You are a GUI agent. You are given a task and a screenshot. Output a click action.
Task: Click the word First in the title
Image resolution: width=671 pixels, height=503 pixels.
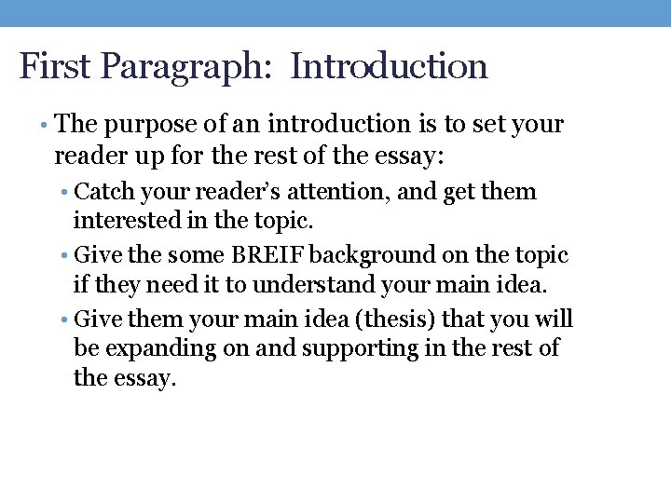[x=55, y=67]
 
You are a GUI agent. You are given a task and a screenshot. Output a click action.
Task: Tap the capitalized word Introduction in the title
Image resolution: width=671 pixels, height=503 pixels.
[x=389, y=67]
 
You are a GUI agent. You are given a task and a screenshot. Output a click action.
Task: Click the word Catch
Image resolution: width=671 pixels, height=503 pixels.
[x=103, y=193]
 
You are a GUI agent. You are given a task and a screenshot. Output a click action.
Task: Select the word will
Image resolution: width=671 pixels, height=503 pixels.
[x=555, y=319]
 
